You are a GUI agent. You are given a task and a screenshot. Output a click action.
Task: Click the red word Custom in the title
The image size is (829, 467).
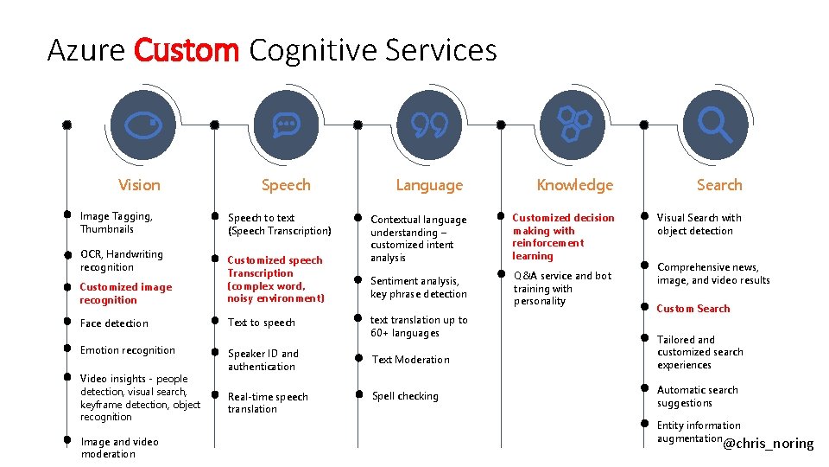click(x=186, y=50)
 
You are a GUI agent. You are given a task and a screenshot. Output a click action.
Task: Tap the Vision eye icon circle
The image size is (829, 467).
click(x=139, y=125)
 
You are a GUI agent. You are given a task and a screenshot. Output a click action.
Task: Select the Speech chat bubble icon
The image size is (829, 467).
click(x=285, y=125)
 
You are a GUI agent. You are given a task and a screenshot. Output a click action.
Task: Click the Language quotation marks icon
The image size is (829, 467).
click(x=429, y=125)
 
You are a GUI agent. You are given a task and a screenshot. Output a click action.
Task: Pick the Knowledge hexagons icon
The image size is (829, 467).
click(x=573, y=125)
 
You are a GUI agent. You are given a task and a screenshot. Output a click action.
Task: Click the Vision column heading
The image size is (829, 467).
click(x=139, y=185)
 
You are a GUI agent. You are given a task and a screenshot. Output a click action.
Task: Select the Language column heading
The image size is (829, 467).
click(x=429, y=185)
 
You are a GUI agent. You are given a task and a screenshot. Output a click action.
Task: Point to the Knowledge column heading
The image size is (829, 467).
click(x=574, y=185)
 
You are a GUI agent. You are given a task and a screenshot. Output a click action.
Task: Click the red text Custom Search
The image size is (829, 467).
click(x=693, y=309)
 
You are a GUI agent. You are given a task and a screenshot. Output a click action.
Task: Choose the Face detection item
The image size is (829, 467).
click(x=114, y=323)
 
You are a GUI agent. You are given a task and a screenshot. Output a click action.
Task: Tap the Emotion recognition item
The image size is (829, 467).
click(x=127, y=350)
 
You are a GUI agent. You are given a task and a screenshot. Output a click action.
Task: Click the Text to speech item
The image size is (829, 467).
click(x=262, y=323)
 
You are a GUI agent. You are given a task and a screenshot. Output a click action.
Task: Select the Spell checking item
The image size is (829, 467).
click(x=405, y=396)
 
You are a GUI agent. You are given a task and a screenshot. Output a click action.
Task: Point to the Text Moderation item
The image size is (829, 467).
click(x=411, y=360)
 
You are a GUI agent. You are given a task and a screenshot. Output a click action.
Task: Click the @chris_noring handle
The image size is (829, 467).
click(x=768, y=444)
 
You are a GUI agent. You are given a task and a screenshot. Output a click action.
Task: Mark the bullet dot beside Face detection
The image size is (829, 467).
click(x=66, y=321)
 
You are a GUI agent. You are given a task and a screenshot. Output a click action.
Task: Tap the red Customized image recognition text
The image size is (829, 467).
click(x=125, y=293)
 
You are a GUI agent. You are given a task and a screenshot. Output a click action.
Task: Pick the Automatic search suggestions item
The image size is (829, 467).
click(x=697, y=396)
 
